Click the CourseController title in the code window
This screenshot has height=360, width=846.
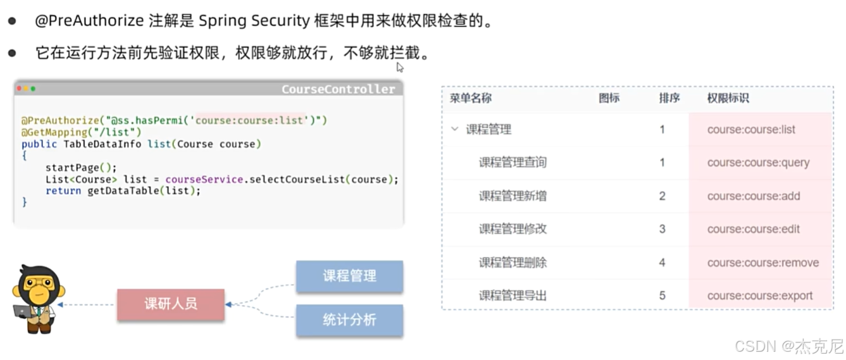tap(338, 89)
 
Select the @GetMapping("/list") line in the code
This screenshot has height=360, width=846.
tap(81, 132)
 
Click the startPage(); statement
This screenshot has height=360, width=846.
tap(81, 168)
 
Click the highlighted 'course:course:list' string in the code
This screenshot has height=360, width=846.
tap(251, 120)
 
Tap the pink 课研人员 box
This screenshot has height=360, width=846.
tap(170, 304)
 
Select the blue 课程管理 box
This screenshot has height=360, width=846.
tap(349, 276)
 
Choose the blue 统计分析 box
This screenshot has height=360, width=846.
tap(349, 320)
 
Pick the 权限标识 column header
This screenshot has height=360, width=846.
tap(728, 98)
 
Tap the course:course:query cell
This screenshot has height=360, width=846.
tap(758, 163)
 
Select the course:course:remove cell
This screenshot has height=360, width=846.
tap(762, 263)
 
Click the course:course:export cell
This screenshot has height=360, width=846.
tap(759, 295)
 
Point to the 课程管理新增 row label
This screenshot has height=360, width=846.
tap(513, 196)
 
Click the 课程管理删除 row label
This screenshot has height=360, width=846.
tap(513, 263)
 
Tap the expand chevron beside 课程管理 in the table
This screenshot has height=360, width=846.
tap(454, 129)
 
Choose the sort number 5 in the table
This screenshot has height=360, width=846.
tap(662, 295)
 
